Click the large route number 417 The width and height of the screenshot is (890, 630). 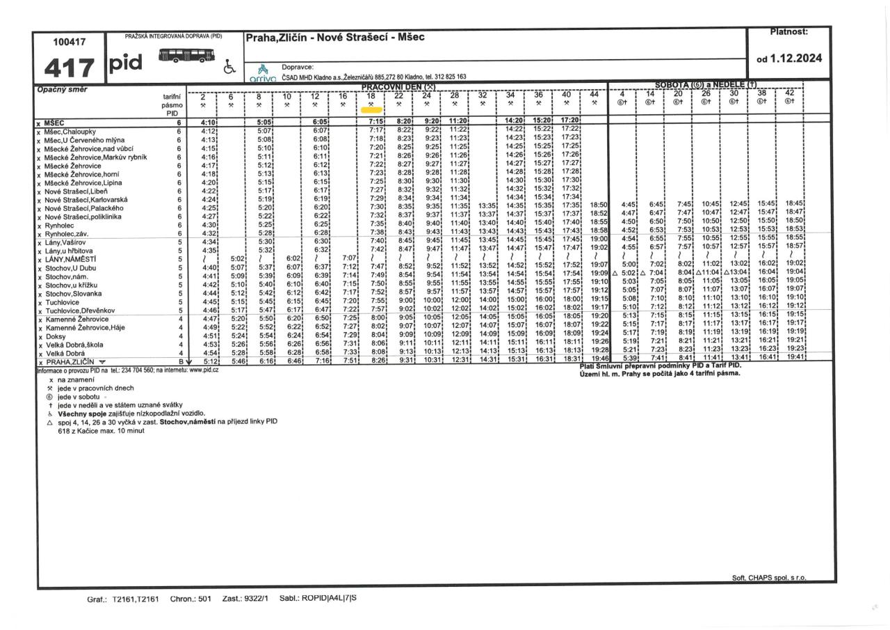pos(68,68)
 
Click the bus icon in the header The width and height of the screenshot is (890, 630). pos(186,56)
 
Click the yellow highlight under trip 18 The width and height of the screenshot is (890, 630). pos(371,109)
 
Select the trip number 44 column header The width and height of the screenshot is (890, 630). pos(594,95)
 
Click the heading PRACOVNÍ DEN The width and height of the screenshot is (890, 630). pos(397,86)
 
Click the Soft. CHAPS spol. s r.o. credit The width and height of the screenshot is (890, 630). pos(769,578)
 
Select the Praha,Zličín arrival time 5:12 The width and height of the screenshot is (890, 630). pos(210,362)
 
